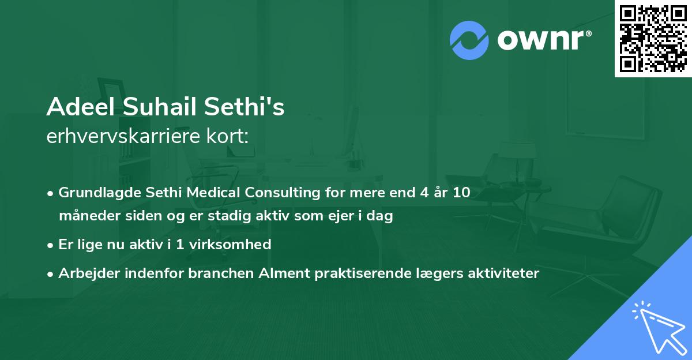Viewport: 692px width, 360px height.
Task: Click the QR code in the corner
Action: point(653,39)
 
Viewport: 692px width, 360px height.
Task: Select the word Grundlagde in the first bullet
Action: point(95,193)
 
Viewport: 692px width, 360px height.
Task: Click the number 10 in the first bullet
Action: point(461,193)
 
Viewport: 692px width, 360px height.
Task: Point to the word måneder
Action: point(85,216)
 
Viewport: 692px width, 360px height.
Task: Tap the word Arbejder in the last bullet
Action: point(85,273)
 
